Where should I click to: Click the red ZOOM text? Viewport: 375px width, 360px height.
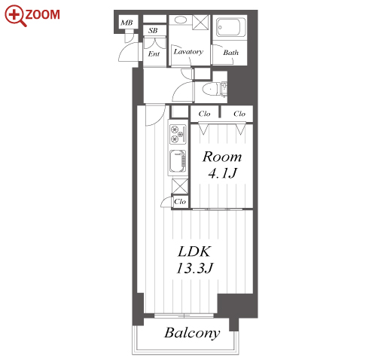click(x=42, y=14)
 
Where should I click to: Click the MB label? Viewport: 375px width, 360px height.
click(x=127, y=23)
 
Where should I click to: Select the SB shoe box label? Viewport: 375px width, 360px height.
click(x=153, y=31)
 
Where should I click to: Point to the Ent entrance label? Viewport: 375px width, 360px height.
click(x=154, y=53)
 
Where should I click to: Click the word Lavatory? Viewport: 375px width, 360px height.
click(x=188, y=52)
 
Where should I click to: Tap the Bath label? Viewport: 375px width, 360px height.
click(x=230, y=53)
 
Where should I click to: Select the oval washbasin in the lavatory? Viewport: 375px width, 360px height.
click(x=180, y=20)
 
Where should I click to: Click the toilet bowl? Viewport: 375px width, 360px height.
click(x=210, y=89)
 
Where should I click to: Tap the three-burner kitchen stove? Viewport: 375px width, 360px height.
click(x=178, y=135)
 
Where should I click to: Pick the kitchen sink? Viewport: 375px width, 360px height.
click(x=178, y=162)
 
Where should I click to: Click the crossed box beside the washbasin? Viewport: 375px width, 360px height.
click(x=200, y=23)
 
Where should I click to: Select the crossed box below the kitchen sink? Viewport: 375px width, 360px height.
click(x=180, y=186)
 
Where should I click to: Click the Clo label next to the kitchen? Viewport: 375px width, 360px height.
click(x=180, y=202)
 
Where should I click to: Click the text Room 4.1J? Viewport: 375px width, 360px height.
click(x=222, y=165)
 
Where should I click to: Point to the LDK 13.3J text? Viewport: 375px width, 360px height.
click(x=194, y=260)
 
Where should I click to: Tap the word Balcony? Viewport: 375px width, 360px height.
click(x=192, y=333)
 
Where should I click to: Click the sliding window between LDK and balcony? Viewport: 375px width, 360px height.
click(x=184, y=316)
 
